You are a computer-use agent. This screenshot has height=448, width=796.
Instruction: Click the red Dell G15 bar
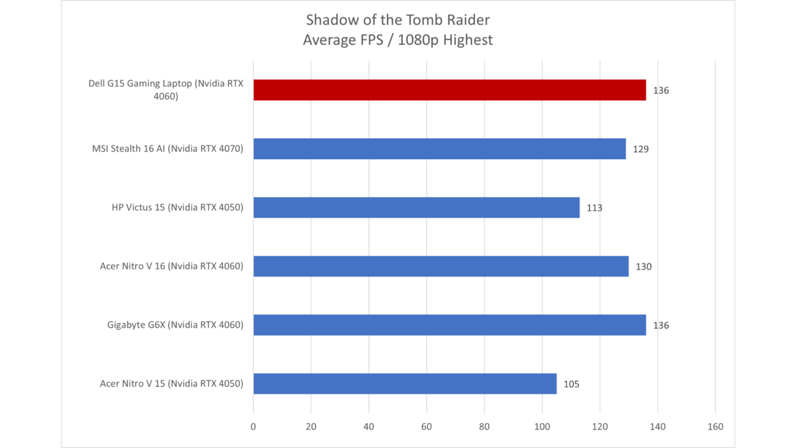click(449, 90)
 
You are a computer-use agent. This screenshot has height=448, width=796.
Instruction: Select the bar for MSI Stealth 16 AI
click(439, 149)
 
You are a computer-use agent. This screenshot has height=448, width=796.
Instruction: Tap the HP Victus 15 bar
click(416, 207)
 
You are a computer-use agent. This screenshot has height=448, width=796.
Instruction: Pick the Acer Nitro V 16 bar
click(441, 266)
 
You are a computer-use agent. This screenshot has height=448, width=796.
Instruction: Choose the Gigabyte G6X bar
click(449, 325)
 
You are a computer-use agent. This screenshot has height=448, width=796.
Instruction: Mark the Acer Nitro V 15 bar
click(405, 384)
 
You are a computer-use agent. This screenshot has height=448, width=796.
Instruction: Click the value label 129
click(641, 149)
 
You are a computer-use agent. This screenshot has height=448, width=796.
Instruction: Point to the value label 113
click(594, 208)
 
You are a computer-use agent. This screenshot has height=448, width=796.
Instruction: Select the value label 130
click(643, 267)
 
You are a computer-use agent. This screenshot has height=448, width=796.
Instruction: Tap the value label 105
click(571, 384)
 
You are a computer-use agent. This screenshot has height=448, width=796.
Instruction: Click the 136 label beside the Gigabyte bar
click(661, 326)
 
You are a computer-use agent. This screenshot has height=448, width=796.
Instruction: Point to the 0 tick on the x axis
click(253, 427)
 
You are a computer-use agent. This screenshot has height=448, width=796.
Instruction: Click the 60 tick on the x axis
click(426, 427)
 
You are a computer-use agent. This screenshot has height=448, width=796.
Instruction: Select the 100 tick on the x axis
click(542, 427)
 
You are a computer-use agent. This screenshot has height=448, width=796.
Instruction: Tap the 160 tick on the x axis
click(715, 427)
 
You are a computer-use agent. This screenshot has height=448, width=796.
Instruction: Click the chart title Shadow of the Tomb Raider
click(398, 20)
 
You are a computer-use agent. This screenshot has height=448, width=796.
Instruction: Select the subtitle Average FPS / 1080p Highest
click(398, 40)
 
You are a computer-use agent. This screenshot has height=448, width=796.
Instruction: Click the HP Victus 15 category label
click(177, 207)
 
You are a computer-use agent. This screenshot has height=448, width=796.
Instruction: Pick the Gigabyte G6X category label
click(175, 325)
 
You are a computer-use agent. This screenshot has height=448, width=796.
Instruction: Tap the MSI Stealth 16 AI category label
click(167, 149)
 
